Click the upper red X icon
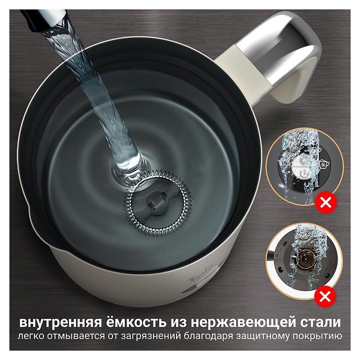coord(326,202)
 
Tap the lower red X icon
coord(325,296)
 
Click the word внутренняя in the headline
coord(60,322)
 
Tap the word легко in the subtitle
coord(31,336)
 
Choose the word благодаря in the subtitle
coord(208,336)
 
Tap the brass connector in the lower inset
coord(305,259)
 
